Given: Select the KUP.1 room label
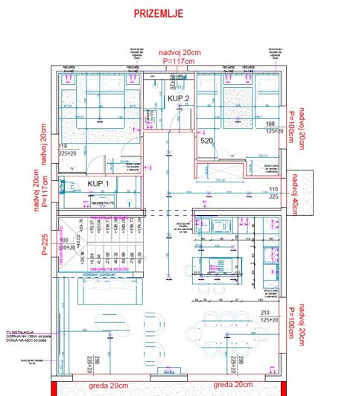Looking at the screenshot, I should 99,183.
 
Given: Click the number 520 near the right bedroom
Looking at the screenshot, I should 207,140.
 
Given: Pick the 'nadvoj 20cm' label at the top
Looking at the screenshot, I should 180,52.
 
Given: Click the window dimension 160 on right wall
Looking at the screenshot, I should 270,123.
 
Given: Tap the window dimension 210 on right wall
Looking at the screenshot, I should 265,313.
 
